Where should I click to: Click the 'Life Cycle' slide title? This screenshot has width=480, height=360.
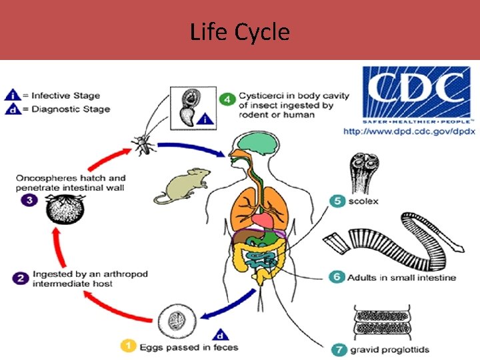pos(240,31)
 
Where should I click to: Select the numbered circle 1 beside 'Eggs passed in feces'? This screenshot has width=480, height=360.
pos(128,346)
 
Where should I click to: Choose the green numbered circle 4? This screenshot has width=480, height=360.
pos(229,99)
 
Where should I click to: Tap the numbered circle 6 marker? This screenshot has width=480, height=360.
pos(337,277)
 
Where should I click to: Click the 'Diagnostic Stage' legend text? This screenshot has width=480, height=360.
pos(71,109)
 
